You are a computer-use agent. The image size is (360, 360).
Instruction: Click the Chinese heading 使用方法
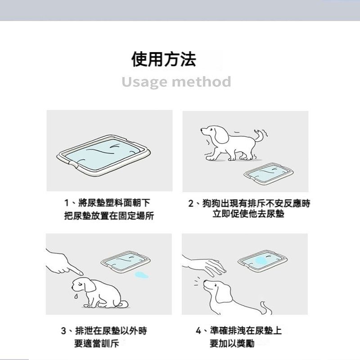pyautogui.click(x=164, y=59)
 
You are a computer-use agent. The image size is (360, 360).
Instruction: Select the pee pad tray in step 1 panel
pyautogui.click(x=104, y=155)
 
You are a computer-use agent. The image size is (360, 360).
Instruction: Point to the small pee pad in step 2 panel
pyautogui.click(x=269, y=174)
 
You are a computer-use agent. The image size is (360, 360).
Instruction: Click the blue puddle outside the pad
pyautogui.click(x=141, y=275)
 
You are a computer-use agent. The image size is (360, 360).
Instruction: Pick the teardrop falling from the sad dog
pyautogui.click(x=76, y=296)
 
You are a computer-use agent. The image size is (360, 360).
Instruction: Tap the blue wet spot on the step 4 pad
pyautogui.click(x=261, y=261)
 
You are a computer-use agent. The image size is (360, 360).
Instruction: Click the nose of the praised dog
pyautogui.click(x=205, y=282)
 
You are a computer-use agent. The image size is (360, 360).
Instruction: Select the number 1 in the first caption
pyautogui.click(x=67, y=203)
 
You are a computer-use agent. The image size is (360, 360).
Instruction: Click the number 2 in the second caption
pyautogui.click(x=191, y=203)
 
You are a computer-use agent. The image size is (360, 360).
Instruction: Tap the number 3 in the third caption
pyautogui.click(x=63, y=331)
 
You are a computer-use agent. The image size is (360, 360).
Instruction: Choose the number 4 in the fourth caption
pyautogui.click(x=198, y=331)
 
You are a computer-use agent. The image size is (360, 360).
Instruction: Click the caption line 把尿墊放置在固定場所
pyautogui.click(x=109, y=216)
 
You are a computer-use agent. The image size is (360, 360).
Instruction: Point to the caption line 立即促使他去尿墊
pyautogui.click(x=248, y=214)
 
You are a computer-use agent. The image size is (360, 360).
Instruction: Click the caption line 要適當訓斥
pyautogui.click(x=97, y=344)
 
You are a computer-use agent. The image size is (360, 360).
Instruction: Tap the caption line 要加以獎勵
pyautogui.click(x=232, y=344)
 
